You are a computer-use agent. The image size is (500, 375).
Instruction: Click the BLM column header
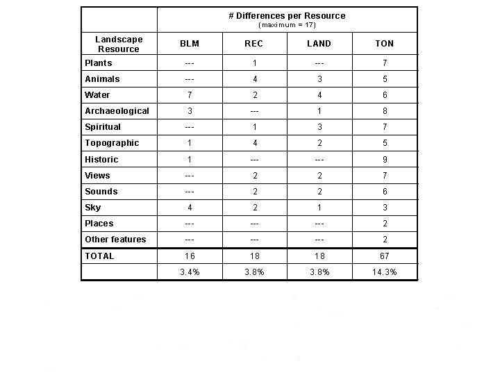click(190, 43)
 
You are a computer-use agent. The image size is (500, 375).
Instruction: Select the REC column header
click(254, 43)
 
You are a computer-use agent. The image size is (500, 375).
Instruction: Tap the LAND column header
click(319, 43)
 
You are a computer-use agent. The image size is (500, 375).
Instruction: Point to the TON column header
click(385, 43)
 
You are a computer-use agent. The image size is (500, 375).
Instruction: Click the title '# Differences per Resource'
click(287, 15)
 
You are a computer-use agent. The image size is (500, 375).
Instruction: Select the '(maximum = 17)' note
click(287, 25)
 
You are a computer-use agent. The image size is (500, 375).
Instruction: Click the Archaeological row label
click(117, 111)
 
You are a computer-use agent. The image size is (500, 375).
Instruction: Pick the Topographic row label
click(112, 143)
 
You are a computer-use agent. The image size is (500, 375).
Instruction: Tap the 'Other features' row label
click(115, 240)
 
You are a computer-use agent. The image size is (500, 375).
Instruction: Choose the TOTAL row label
click(99, 256)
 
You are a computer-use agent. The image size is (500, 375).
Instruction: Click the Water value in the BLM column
click(190, 95)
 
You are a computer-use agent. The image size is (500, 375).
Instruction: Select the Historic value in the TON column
click(385, 160)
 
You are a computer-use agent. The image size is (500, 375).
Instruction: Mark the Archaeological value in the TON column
click(385, 111)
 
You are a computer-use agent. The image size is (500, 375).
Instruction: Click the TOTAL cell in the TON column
click(385, 256)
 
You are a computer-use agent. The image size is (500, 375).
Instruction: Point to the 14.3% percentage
click(385, 272)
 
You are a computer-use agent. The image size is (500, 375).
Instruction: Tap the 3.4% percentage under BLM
click(190, 272)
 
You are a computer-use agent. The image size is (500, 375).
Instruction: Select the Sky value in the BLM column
click(190, 208)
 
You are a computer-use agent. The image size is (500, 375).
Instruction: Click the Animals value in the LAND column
click(319, 79)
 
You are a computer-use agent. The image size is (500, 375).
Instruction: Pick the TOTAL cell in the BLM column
click(190, 256)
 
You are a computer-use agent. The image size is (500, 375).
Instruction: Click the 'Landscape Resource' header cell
click(119, 44)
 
